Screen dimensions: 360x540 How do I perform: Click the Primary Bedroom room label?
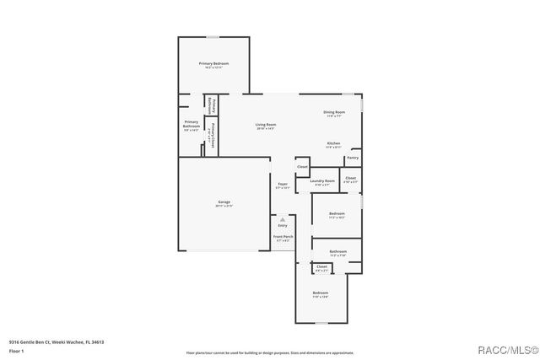coord(213,64)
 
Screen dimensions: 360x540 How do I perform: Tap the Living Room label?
coord(266,125)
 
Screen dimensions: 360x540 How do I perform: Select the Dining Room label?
coord(334,112)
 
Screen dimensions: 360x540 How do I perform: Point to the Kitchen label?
coord(333,143)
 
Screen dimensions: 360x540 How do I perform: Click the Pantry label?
coord(353,158)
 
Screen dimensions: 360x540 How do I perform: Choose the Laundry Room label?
coord(322,180)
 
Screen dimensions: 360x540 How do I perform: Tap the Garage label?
coord(224,201)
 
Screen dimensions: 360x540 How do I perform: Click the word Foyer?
coord(283,185)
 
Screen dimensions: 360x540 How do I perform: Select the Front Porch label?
coord(283,237)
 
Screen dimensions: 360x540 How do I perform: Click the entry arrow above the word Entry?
coord(283,218)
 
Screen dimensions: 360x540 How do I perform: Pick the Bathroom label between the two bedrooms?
coord(337,251)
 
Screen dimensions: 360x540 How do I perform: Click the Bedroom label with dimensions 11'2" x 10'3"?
coord(337,213)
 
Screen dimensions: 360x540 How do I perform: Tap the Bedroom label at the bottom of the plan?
coord(321,293)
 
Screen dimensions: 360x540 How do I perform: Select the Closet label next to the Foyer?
coord(302,167)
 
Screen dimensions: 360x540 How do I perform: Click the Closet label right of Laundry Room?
coord(350,178)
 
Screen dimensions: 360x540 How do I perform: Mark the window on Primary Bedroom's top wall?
coord(213,37)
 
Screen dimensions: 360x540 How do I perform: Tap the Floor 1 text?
coord(16,351)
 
